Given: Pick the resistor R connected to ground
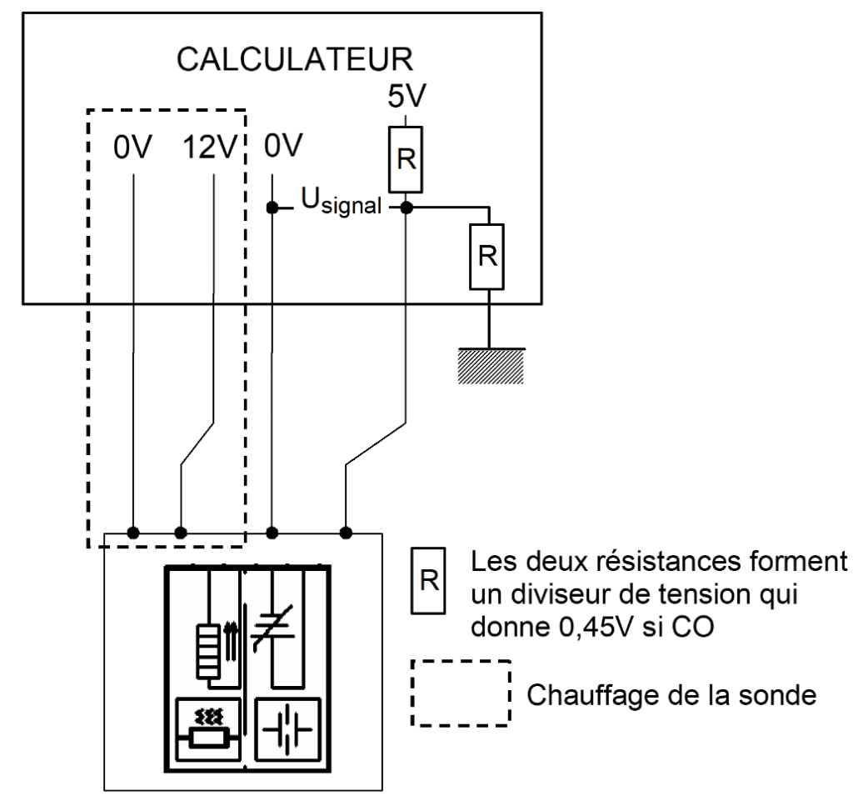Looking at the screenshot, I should tap(488, 254).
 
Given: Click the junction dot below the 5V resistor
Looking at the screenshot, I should tap(407, 206).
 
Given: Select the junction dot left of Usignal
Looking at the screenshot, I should tap(272, 206).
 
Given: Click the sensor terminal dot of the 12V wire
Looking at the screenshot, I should tap(181, 531).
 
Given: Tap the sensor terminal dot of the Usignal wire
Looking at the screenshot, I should tap(346, 531).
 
